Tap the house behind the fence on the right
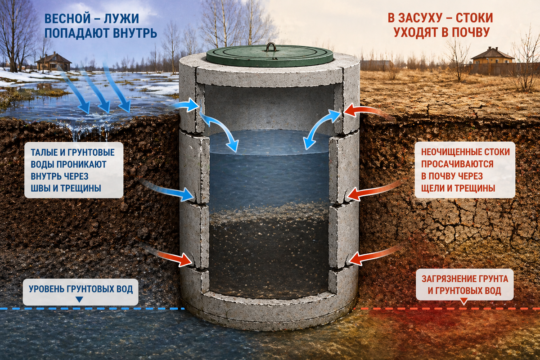point(492,56)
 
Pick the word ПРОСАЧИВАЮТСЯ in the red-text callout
point(457,164)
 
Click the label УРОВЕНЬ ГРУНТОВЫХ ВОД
point(81,289)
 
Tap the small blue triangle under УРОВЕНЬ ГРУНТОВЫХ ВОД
point(79,300)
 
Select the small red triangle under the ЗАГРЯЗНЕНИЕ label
point(463,301)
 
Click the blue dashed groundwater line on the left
point(92,309)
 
